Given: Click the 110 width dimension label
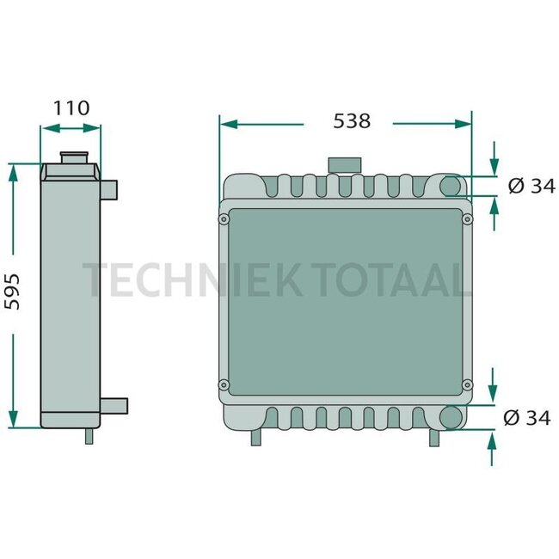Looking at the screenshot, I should (71, 108).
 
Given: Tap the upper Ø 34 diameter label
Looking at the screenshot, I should (531, 186).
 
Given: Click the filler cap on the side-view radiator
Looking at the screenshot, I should (74, 159).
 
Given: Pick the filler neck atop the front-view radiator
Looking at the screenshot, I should (342, 165).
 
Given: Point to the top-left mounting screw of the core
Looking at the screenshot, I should (224, 220).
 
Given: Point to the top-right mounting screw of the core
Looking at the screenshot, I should (468, 220).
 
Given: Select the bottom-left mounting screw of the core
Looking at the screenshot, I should (224, 384).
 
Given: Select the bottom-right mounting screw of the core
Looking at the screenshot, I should (468, 384).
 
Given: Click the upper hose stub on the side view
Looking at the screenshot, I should (110, 187).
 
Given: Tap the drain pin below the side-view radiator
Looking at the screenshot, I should (89, 436).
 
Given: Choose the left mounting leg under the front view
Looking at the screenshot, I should (256, 438).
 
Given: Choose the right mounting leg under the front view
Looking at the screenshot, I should (434, 438).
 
